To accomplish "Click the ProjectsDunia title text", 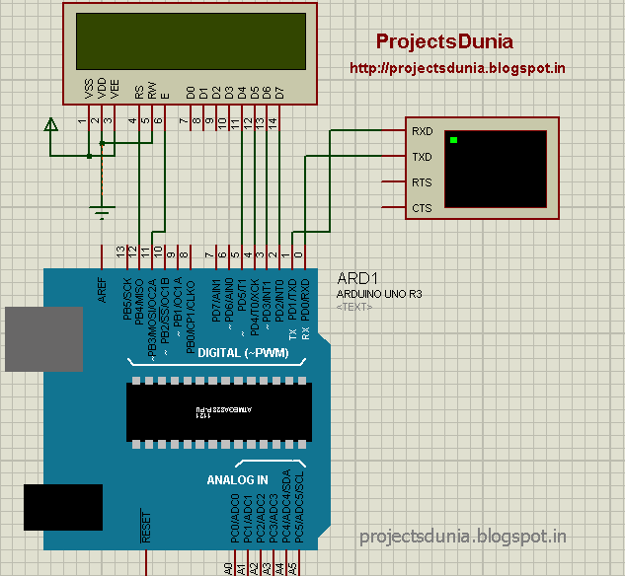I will click(444, 41).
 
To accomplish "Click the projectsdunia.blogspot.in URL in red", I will click(457, 69).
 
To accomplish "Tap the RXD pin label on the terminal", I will click(422, 130).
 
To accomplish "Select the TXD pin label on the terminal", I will click(422, 156).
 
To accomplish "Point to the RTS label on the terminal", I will click(422, 182).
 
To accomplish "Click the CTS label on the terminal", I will click(422, 208).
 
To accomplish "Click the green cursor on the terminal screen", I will click(453, 141).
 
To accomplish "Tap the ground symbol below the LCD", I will click(101, 210).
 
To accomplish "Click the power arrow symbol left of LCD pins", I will click(50, 125).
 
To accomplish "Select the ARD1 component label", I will click(354, 278).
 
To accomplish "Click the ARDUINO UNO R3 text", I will click(379, 294).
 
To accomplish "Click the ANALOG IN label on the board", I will click(237, 479).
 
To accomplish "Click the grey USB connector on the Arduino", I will click(42, 339).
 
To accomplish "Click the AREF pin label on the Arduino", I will click(102, 289).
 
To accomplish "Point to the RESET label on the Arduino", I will click(145, 528).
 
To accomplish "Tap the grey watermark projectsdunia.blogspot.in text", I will click(463, 537).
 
